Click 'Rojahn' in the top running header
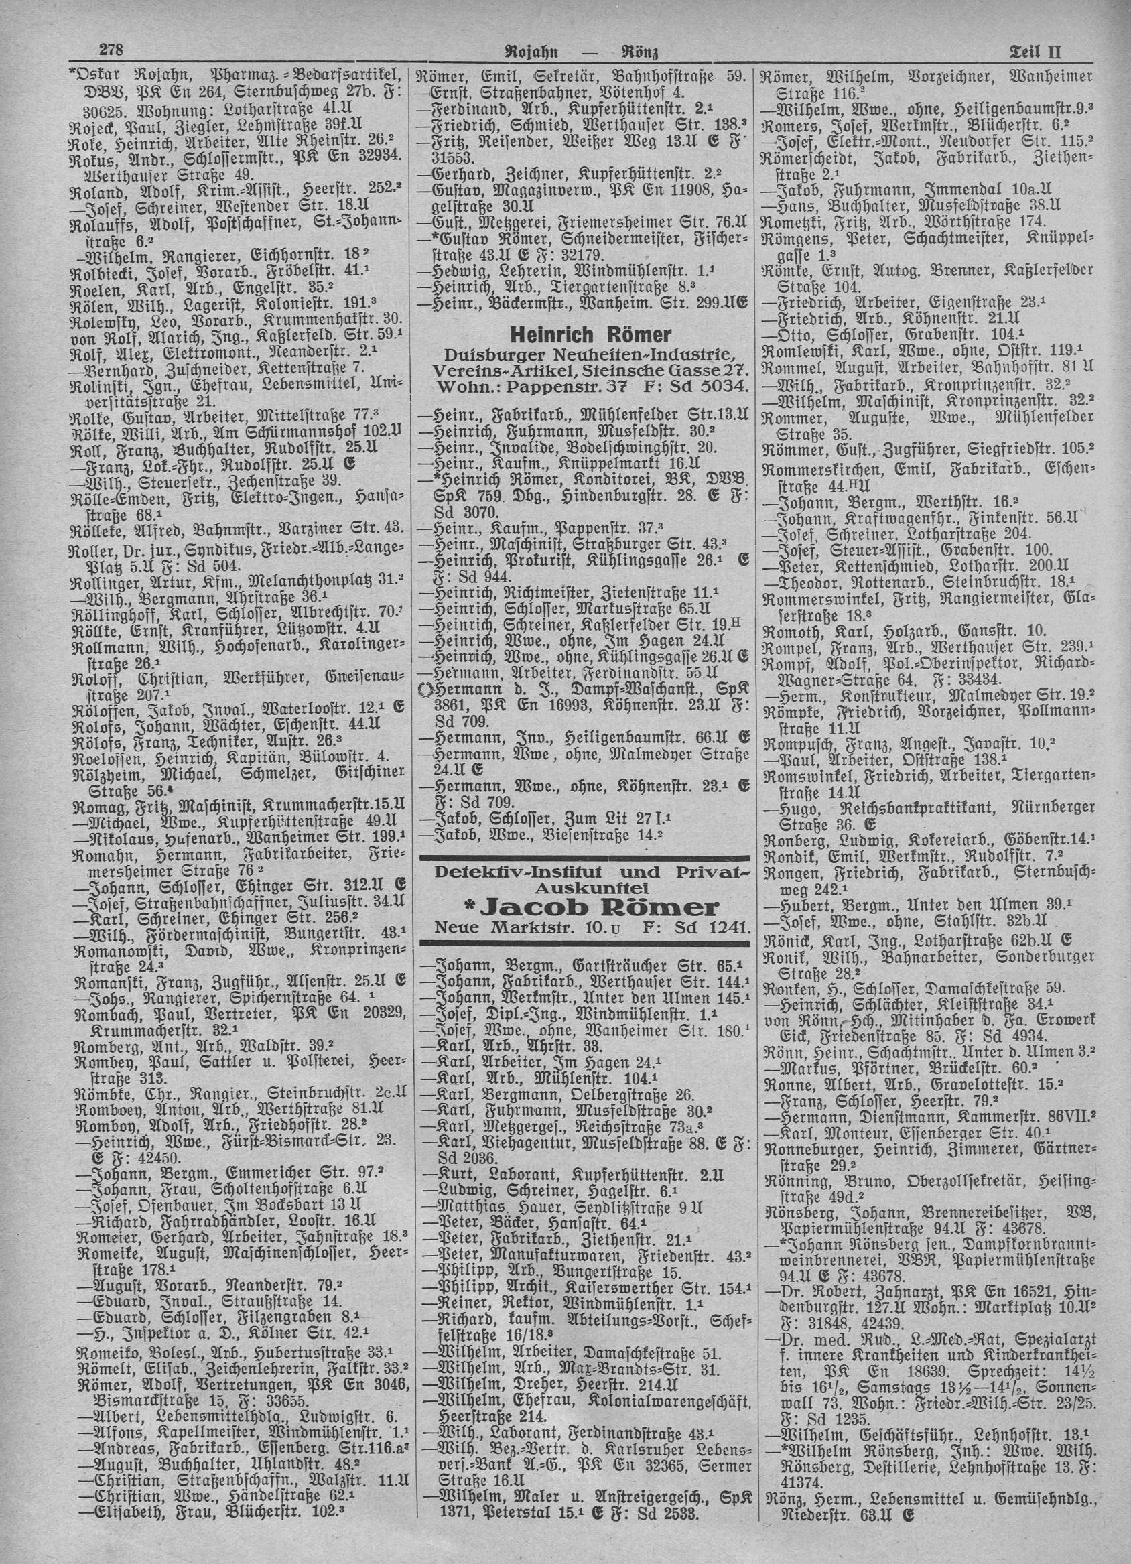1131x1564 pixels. (x=536, y=52)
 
